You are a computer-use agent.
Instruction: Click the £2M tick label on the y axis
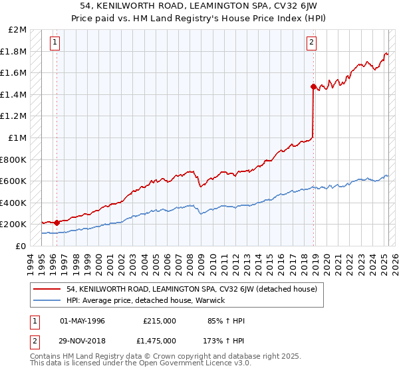point(18,30)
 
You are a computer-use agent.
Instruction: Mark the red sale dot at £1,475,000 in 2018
point(313,86)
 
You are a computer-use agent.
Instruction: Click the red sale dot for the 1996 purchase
point(57,223)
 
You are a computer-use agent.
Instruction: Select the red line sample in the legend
point(47,289)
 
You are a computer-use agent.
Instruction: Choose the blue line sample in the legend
point(47,300)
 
